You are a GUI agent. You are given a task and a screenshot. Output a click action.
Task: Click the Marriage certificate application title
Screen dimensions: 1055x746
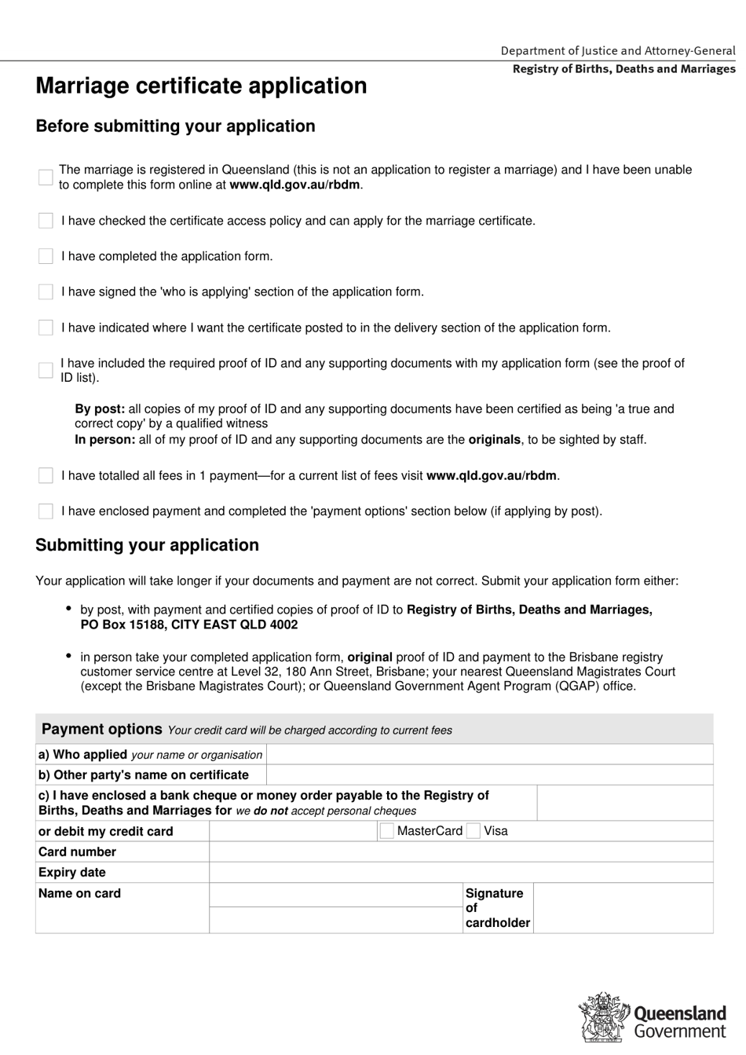[201, 86]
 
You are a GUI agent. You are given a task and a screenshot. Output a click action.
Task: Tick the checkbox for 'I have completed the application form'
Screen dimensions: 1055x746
[46, 256]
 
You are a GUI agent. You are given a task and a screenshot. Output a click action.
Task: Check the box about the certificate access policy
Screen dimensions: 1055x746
[46, 221]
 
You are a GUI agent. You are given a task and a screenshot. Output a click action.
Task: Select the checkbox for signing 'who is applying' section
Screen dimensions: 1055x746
[46, 292]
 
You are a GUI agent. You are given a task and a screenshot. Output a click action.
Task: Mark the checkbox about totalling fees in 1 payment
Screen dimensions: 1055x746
[46, 475]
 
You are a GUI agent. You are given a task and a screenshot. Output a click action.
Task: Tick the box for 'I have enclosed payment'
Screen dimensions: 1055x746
[46, 511]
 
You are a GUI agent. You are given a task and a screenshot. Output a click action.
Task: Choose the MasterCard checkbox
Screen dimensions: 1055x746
[386, 831]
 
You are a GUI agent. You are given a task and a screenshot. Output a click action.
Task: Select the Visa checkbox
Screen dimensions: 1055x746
[473, 831]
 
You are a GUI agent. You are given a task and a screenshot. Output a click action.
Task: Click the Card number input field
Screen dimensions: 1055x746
[460, 852]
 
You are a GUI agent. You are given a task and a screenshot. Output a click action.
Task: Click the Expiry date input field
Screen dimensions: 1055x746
[460, 872]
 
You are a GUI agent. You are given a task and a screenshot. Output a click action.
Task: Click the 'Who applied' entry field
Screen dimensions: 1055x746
[489, 754]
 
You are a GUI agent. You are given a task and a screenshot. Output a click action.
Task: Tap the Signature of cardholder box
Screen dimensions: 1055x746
[623, 908]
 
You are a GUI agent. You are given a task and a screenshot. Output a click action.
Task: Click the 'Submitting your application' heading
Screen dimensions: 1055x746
[147, 545]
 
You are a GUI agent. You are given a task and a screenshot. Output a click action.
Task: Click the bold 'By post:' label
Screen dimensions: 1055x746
[100, 408]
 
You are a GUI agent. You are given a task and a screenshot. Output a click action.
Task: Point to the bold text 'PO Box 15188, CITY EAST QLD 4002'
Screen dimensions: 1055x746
[188, 625]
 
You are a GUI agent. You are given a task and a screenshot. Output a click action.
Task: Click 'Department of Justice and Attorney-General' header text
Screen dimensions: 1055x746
[618, 50]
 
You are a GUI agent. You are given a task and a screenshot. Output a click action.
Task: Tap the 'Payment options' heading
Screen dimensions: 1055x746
[101, 729]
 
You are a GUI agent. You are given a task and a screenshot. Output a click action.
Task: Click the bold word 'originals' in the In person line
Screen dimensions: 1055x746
[494, 440]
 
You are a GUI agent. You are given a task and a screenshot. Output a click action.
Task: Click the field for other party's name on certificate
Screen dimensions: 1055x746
[489, 775]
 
